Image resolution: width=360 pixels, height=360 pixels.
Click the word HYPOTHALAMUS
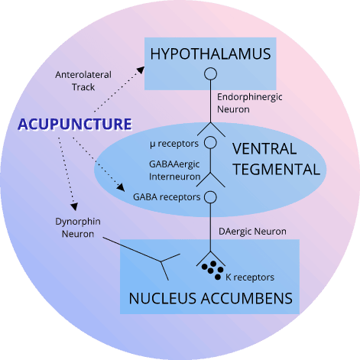point(210,54)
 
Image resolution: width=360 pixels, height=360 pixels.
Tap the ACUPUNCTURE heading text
point(75,125)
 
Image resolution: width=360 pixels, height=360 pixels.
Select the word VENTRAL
point(264,149)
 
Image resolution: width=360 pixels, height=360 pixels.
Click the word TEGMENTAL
point(277,170)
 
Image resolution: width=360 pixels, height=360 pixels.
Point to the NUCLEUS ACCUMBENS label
point(211,298)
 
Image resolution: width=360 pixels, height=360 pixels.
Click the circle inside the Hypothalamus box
point(210,74)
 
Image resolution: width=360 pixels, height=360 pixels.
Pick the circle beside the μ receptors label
point(210,142)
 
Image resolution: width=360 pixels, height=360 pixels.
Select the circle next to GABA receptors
point(210,197)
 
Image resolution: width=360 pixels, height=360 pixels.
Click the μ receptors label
point(174,144)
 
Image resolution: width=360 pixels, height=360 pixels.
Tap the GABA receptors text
point(167,197)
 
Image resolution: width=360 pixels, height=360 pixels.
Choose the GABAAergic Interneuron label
point(175,170)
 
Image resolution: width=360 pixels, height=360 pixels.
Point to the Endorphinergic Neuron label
point(250,103)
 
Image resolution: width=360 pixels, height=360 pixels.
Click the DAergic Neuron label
point(252,232)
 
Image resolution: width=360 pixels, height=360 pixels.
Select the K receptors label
point(250,277)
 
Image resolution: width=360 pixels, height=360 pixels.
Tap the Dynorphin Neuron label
point(78,228)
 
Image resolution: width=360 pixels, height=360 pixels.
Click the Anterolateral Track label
point(83,81)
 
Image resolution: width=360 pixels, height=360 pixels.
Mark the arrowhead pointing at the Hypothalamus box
point(141,70)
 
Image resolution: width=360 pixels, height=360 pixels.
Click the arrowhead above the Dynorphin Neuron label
point(74,206)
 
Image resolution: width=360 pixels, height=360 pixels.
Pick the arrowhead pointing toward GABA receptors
point(121,187)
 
